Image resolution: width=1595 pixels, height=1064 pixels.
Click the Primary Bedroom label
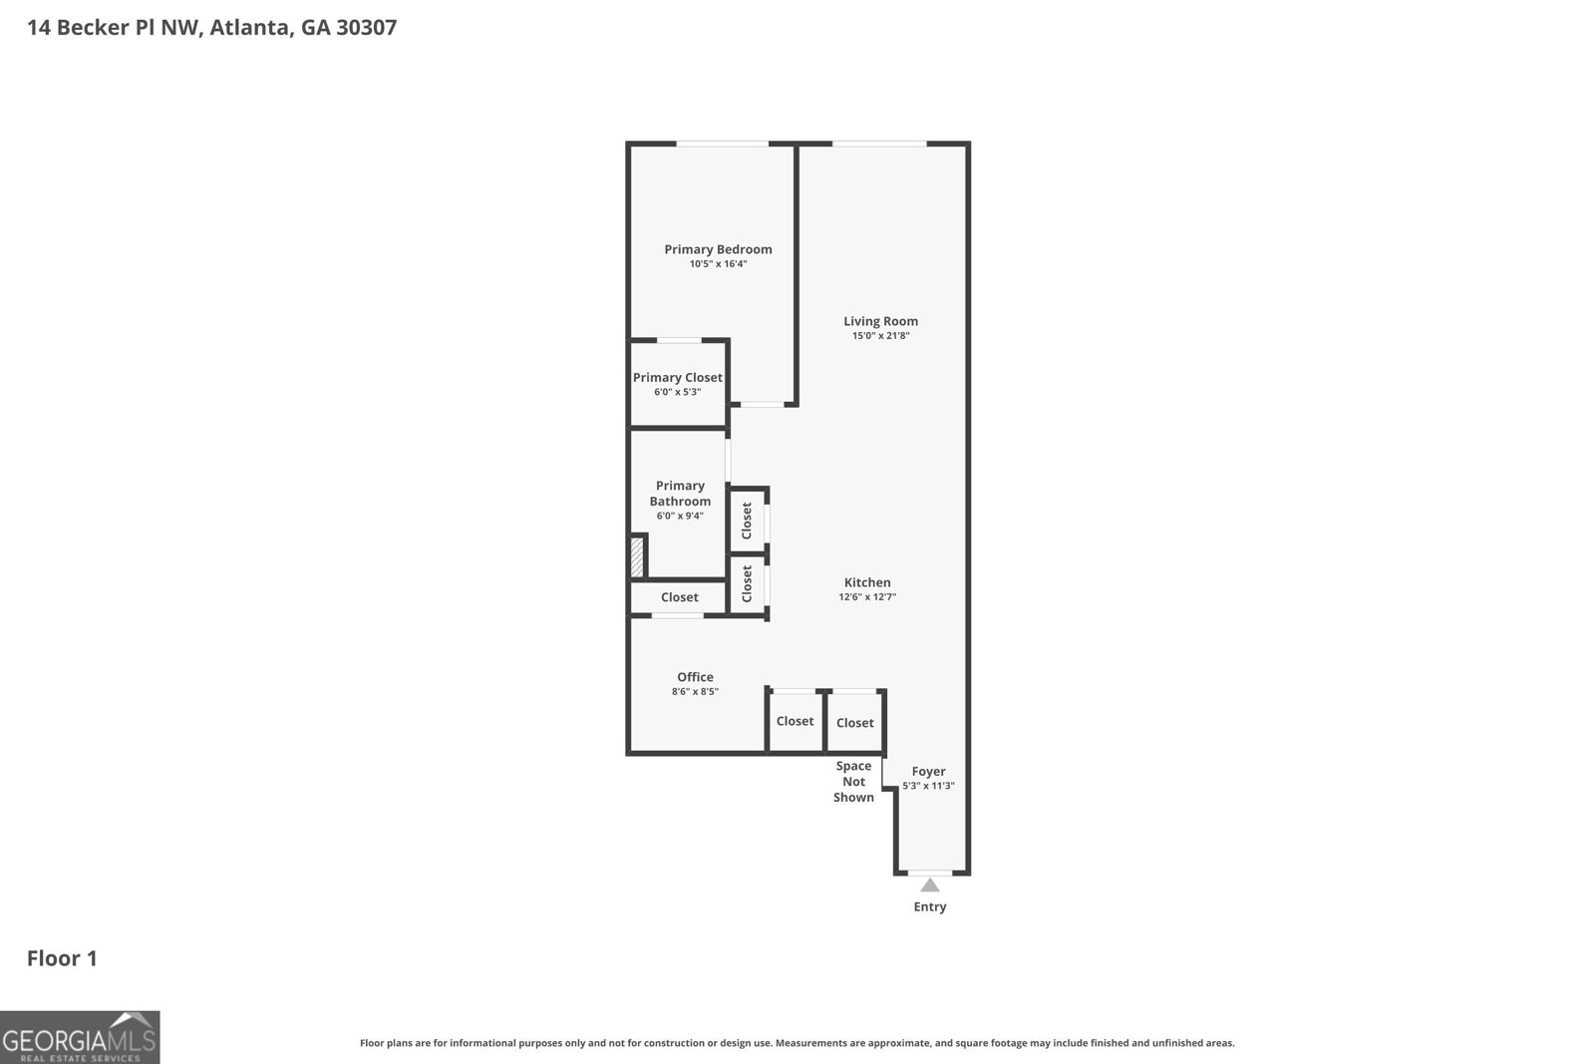pyautogui.click(x=718, y=249)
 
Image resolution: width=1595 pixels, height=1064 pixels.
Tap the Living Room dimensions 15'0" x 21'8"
pyautogui.click(x=880, y=336)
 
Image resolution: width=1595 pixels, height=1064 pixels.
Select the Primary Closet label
pyautogui.click(x=678, y=377)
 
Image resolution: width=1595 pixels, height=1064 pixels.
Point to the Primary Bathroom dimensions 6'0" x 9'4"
pyautogui.click(x=680, y=516)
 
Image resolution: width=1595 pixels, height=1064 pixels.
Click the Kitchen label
pyautogui.click(x=867, y=582)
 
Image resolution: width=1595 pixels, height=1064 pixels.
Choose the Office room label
pyautogui.click(x=695, y=677)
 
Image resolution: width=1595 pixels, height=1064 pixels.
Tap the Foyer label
pyautogui.click(x=928, y=771)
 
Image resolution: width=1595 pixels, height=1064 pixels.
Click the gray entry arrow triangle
pyautogui.click(x=930, y=885)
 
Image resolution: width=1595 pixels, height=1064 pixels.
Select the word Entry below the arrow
pyautogui.click(x=930, y=906)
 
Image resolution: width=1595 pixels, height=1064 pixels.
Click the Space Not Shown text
pyautogui.click(x=853, y=782)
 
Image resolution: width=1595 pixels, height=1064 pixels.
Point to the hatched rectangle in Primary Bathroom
pyautogui.click(x=637, y=556)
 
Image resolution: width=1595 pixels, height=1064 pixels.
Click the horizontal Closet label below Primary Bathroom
pyautogui.click(x=680, y=597)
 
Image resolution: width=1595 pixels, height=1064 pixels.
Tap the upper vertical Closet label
pyautogui.click(x=747, y=521)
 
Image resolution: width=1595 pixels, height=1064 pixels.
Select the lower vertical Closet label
pyautogui.click(x=747, y=584)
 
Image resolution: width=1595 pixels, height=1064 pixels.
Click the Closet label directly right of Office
pyautogui.click(x=796, y=721)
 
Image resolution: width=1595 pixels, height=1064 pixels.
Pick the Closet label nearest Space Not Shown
pyautogui.click(x=855, y=723)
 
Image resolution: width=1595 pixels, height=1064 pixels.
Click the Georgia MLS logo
pyautogui.click(x=80, y=1038)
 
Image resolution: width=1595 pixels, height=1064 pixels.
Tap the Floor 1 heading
pyautogui.click(x=62, y=958)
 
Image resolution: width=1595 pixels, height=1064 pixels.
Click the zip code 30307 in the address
pyautogui.click(x=366, y=27)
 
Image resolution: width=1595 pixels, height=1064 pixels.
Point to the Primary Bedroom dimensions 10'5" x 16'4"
pyautogui.click(x=718, y=264)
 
